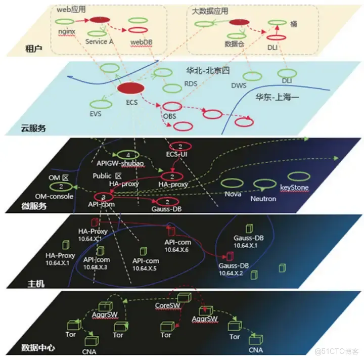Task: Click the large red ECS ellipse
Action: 131,88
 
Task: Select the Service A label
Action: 100,41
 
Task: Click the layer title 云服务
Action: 33,128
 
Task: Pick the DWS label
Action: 239,86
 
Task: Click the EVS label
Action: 96,114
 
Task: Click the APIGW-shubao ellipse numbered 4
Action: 129,154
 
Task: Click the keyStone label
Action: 294,188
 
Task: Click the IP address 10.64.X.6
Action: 176,249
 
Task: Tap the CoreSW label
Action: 166,306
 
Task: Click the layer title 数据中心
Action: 38,347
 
